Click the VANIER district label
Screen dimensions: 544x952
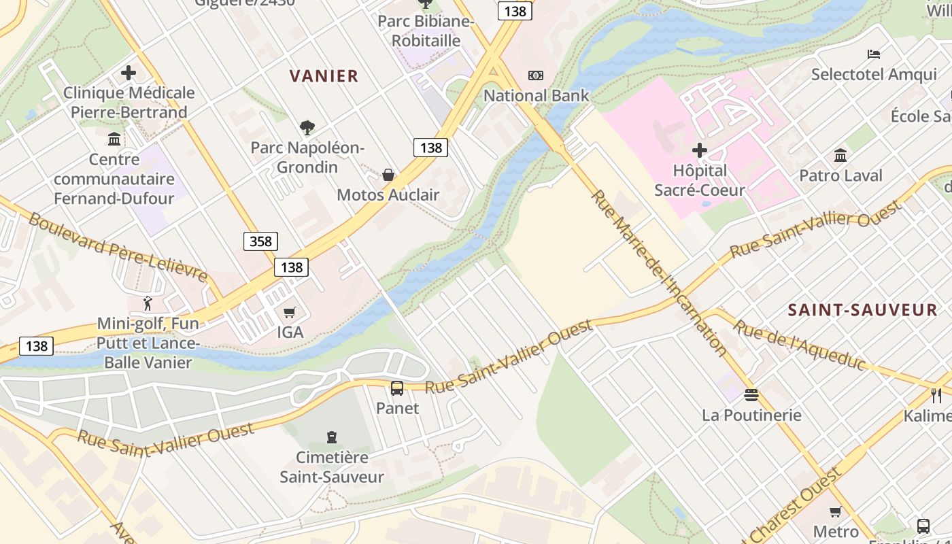click(x=324, y=76)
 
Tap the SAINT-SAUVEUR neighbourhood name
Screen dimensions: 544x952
click(x=862, y=310)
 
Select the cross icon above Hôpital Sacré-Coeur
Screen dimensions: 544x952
click(x=700, y=150)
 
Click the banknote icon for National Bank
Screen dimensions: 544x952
click(x=536, y=75)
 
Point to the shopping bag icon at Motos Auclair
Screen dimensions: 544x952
click(x=388, y=175)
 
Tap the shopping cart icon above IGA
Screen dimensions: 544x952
click(x=290, y=313)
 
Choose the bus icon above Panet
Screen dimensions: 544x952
click(x=397, y=388)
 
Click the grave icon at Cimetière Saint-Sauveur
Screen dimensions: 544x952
click(x=332, y=437)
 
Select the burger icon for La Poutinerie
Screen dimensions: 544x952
click(x=751, y=395)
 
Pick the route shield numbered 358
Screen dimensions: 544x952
click(x=260, y=241)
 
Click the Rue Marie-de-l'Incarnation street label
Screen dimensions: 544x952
click(x=658, y=271)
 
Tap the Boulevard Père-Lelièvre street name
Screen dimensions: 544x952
click(x=118, y=246)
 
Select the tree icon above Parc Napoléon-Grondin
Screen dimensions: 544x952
click(x=307, y=126)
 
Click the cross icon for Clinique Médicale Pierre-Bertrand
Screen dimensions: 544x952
click(x=129, y=72)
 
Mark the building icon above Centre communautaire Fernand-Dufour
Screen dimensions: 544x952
click(x=114, y=139)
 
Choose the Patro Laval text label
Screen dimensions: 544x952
click(x=840, y=175)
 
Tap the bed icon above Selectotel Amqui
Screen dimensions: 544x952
click(x=874, y=54)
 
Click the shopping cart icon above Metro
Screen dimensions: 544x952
click(x=836, y=511)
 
